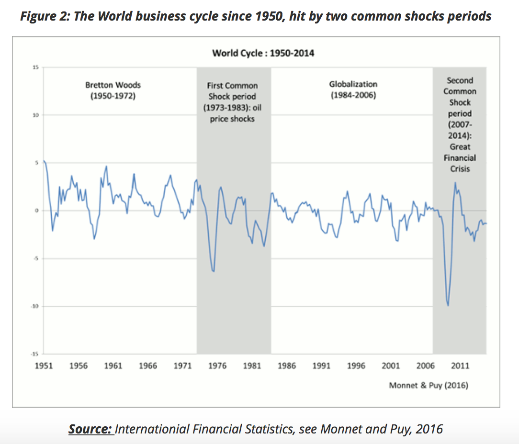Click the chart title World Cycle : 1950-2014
pos(263,53)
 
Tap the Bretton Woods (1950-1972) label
pos(113,90)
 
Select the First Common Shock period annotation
pos(232,101)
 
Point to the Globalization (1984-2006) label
pos(353,89)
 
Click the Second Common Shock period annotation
pos(459,124)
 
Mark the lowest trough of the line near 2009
pos(448,305)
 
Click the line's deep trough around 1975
pos(213,271)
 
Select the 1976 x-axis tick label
pos(217,366)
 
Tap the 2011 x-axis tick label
pos(460,366)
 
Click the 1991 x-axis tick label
pos(321,366)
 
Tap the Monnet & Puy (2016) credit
pos(428,385)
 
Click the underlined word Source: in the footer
pos(90,429)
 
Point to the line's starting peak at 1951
pos(44,161)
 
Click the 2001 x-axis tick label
pos(391,366)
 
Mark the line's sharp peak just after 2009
pos(455,183)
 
